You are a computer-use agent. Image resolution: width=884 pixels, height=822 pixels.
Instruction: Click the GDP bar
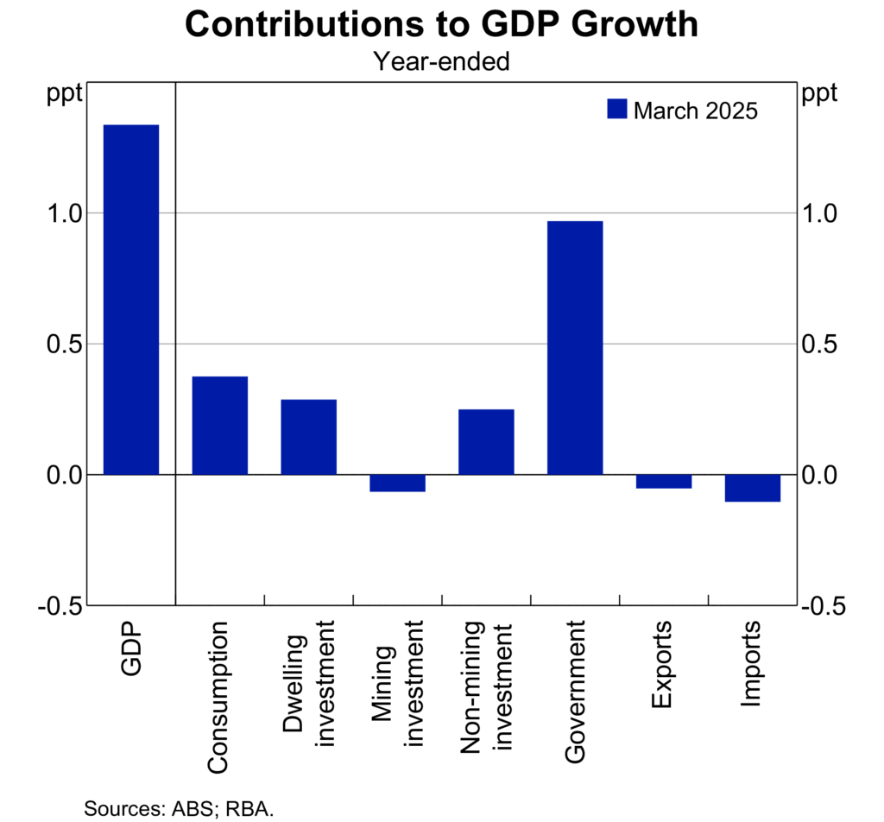click(x=131, y=300)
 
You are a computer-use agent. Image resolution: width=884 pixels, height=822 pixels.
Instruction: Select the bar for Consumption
click(x=219, y=425)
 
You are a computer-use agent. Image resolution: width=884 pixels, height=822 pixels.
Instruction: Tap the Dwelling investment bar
click(x=308, y=437)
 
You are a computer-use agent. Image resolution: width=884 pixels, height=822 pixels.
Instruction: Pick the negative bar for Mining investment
click(x=397, y=483)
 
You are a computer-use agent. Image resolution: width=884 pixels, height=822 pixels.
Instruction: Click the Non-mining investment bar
click(x=486, y=441)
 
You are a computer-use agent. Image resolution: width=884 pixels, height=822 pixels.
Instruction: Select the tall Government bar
click(x=575, y=347)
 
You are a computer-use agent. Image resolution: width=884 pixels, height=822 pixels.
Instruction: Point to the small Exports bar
click(x=664, y=481)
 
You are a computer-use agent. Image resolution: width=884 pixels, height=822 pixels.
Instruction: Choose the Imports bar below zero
click(x=752, y=488)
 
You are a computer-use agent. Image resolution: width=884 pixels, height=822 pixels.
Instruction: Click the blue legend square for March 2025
click(x=617, y=110)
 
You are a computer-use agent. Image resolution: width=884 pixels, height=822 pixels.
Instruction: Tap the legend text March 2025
click(x=696, y=111)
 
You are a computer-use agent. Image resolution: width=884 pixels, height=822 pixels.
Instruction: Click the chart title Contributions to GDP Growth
click(x=441, y=25)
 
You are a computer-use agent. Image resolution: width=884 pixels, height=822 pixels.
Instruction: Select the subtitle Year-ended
click(x=441, y=61)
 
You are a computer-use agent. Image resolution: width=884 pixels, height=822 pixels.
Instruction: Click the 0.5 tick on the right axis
click(x=821, y=344)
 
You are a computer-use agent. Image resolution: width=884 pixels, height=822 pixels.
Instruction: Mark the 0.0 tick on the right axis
click(x=821, y=475)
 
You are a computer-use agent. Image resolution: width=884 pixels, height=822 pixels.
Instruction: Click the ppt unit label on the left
click(x=64, y=93)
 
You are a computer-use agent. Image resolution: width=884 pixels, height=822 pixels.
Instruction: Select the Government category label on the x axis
click(x=575, y=691)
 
